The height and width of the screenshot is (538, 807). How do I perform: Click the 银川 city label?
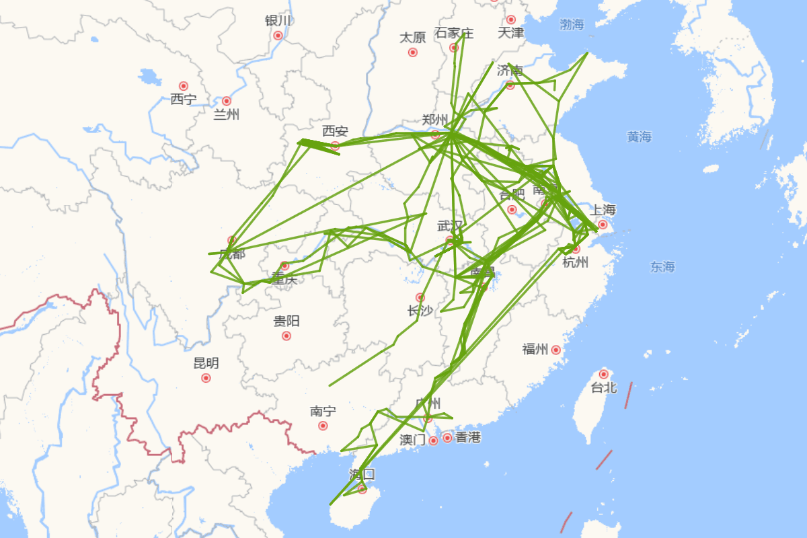click(x=278, y=20)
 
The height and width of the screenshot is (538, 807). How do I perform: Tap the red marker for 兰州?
click(x=227, y=101)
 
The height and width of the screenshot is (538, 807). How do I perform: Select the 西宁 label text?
click(x=183, y=100)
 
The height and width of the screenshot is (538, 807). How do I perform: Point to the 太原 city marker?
click(x=413, y=52)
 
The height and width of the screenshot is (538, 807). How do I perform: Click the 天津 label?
click(x=511, y=32)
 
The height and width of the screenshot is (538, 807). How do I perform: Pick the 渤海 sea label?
click(x=572, y=25)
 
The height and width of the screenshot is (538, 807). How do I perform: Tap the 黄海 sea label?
click(x=640, y=137)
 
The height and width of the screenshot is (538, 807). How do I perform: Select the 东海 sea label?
click(x=662, y=267)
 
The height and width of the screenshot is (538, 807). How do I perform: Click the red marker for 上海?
click(x=603, y=224)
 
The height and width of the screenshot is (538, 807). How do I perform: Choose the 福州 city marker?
click(x=555, y=350)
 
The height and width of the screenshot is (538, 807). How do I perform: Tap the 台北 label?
click(x=603, y=387)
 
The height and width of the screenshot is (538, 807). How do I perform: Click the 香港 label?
click(x=468, y=438)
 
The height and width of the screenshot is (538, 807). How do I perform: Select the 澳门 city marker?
click(x=433, y=440)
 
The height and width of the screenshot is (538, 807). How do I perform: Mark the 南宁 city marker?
click(x=323, y=426)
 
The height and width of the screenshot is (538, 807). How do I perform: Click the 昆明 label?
click(x=206, y=364)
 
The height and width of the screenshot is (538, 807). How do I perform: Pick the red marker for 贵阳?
click(x=286, y=336)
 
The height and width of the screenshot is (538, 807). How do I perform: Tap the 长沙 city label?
click(x=420, y=311)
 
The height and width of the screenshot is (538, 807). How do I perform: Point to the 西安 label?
click(x=335, y=130)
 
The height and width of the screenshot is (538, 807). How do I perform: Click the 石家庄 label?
click(x=454, y=33)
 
